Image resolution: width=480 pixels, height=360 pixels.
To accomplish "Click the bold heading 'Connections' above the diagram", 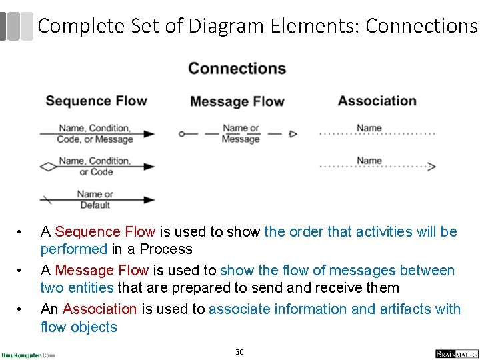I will point(237,69).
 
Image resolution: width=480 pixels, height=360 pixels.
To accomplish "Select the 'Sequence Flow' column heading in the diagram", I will point(96,101).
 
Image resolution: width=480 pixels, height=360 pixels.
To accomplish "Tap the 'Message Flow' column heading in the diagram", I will point(237,101).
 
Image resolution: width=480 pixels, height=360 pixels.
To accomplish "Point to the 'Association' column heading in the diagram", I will point(377,101).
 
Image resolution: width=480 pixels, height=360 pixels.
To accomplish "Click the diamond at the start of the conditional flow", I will point(49,167).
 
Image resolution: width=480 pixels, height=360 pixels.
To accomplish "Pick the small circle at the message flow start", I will point(181,134).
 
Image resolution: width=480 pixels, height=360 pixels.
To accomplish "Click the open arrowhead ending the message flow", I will point(293,134).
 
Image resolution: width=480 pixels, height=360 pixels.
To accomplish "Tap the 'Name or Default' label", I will point(95,199).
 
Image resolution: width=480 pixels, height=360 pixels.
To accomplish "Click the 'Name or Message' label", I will point(240,133).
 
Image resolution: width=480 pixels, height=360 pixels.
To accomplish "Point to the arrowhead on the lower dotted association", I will point(431,167).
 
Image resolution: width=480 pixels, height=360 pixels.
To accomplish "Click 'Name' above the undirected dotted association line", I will point(369,127).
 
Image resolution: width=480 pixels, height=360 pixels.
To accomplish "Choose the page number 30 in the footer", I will point(239,351).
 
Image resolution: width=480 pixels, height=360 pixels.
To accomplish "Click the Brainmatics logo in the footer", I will point(457,353).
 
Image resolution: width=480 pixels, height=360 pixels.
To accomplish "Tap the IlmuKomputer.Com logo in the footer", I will point(29,355).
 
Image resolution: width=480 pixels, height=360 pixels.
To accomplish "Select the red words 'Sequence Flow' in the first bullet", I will point(105,232).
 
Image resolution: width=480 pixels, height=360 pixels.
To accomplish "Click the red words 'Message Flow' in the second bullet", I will point(101,271).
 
